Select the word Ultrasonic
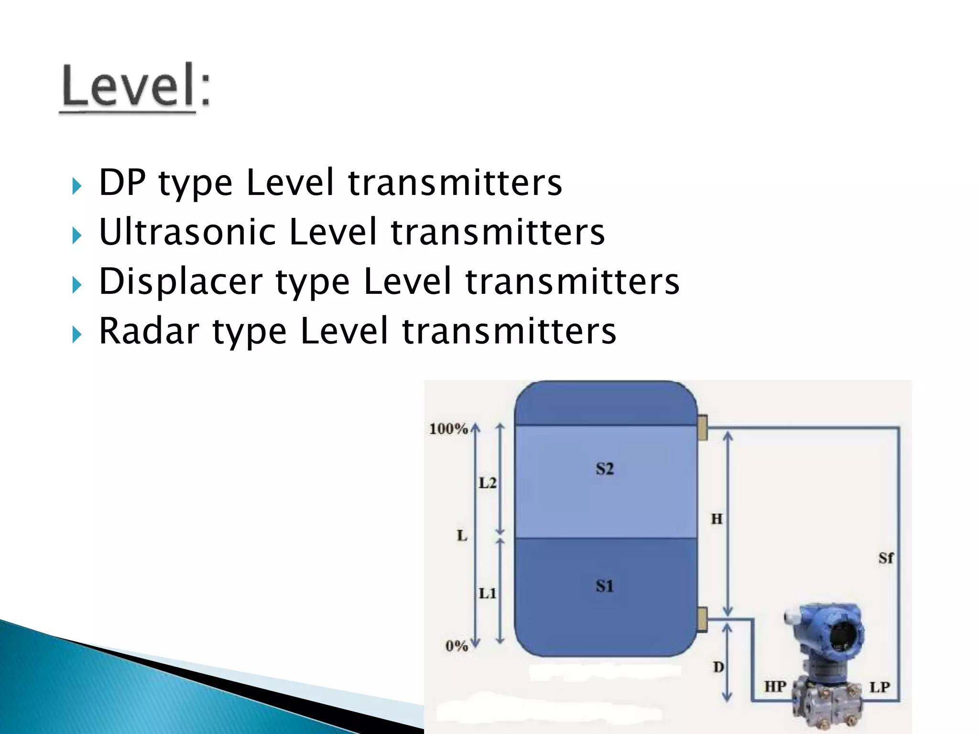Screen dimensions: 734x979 pyautogui.click(x=187, y=232)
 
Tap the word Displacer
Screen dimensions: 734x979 pyautogui.click(x=181, y=282)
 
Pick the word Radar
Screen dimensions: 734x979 pyautogui.click(x=149, y=331)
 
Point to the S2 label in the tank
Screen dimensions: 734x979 pyautogui.click(x=605, y=469)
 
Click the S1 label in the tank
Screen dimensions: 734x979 pyautogui.click(x=605, y=586)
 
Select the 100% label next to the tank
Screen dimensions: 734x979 pyautogui.click(x=448, y=429)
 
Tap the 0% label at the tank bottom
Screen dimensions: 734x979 pyautogui.click(x=457, y=646)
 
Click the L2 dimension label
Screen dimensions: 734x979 pyautogui.click(x=488, y=483)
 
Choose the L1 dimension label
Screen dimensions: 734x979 pyautogui.click(x=488, y=594)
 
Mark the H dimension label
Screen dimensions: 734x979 pyautogui.click(x=717, y=519)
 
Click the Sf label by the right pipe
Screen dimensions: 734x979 pyautogui.click(x=886, y=558)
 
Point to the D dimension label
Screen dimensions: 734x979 pyautogui.click(x=718, y=667)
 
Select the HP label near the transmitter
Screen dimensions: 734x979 pyautogui.click(x=775, y=687)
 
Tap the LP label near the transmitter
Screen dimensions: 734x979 pyautogui.click(x=880, y=687)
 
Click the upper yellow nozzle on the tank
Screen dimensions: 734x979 pyautogui.click(x=702, y=428)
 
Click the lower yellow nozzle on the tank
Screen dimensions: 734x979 pyautogui.click(x=702, y=619)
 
